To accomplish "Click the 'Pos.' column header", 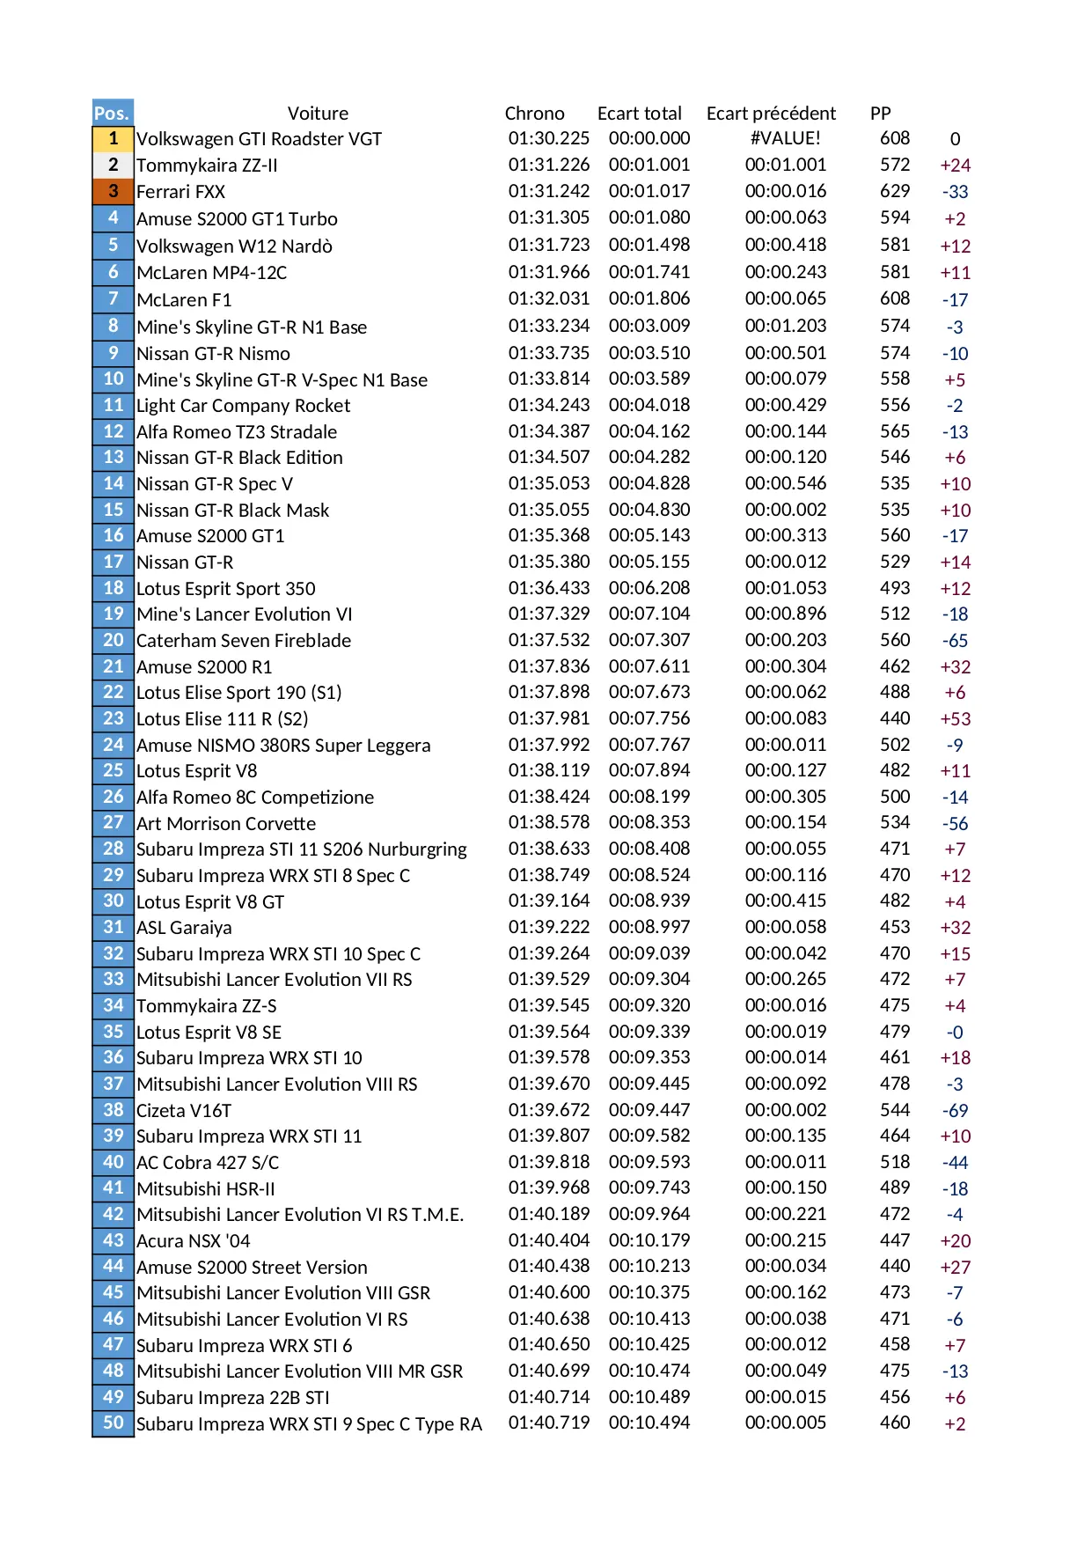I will coord(113,113).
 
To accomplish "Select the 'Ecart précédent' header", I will coord(771,114).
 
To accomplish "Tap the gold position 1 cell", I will coord(113,139).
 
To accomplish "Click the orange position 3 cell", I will coord(113,192).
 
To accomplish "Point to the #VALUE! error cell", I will coord(785,138).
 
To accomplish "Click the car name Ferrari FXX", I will coord(180,192).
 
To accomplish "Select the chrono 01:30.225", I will coord(548,138).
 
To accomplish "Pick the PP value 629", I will coord(895,191).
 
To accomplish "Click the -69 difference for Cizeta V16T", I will coord(955,1111).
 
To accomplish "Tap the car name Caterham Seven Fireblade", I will coord(243,641).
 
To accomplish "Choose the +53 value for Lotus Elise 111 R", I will coord(955,719).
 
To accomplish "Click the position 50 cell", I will coord(113,1423).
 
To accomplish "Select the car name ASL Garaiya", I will coord(184,928).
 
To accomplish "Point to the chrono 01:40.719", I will coord(548,1423).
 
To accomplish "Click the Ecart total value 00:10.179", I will coord(649,1240).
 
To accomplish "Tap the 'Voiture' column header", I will coord(318,114).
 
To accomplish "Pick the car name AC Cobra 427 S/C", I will coord(208,1163).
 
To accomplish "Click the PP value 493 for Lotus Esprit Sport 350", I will coord(895,588).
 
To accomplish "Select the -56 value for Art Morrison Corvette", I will coord(955,824).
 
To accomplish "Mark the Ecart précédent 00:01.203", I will coord(785,326).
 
